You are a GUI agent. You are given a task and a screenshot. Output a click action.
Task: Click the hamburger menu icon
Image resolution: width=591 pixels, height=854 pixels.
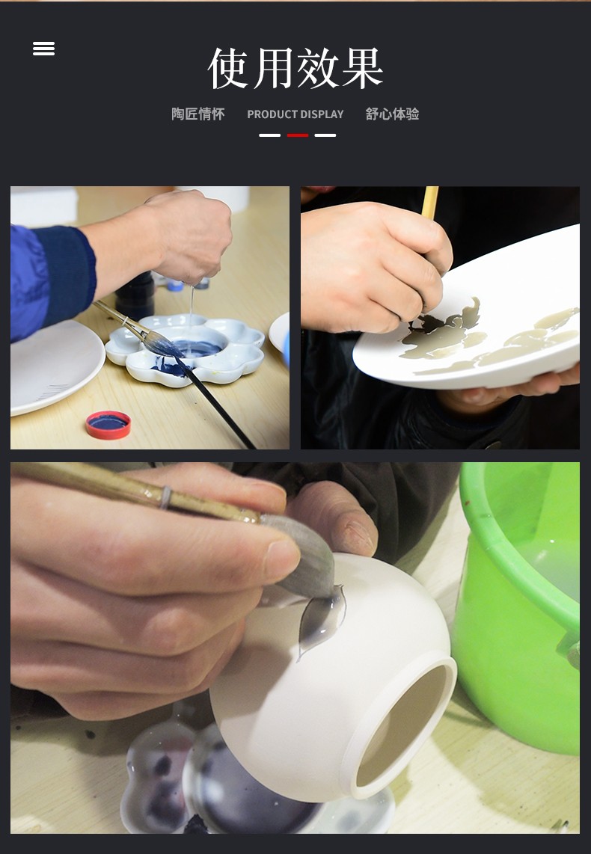tap(43, 49)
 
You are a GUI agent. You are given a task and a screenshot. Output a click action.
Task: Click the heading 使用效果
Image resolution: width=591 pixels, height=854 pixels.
tap(295, 68)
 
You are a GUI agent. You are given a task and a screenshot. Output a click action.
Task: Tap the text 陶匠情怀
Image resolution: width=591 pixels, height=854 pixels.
tap(197, 114)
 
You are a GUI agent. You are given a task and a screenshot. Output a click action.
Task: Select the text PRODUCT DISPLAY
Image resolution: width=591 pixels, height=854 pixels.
tap(295, 114)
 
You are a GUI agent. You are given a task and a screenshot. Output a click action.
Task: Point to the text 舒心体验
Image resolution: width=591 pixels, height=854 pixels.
tap(392, 114)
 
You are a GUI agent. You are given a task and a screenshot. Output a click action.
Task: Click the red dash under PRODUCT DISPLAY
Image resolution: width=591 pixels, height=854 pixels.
tap(298, 135)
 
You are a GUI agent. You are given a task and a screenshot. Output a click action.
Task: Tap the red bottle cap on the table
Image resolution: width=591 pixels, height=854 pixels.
tap(108, 424)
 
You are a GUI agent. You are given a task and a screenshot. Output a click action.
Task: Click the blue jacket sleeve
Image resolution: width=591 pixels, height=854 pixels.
tap(51, 278)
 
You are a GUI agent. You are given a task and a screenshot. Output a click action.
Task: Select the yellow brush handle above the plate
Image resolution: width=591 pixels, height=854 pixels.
tap(429, 203)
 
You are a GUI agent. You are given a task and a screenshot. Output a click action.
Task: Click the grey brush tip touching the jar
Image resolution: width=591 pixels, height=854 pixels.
tap(307, 561)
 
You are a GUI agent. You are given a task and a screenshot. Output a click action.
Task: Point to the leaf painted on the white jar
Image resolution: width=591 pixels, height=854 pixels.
tap(322, 621)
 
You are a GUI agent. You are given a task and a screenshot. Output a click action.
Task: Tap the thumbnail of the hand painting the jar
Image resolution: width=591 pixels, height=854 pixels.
tap(295, 648)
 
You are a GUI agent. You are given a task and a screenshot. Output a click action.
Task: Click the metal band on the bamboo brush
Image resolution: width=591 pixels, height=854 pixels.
tap(166, 497)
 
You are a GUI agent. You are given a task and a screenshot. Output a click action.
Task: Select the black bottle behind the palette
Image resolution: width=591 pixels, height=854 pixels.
tap(135, 296)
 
